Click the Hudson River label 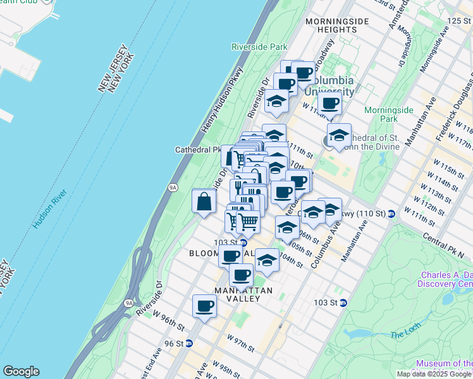[47, 206]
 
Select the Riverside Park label [259, 47]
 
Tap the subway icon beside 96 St [188, 344]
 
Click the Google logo [21, 371]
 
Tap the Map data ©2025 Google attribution [434, 374]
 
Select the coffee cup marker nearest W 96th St [204, 306]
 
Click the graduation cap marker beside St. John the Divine [339, 136]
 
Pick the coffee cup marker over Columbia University [329, 102]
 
